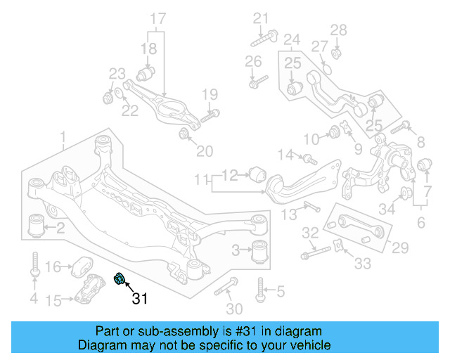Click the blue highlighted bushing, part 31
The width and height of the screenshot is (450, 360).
[119, 280]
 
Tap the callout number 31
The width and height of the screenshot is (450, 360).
[141, 299]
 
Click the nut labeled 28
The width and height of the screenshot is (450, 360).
[336, 51]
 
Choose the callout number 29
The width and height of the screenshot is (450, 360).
[399, 247]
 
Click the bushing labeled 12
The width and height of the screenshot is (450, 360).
[258, 173]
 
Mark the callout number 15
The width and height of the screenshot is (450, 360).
[53, 302]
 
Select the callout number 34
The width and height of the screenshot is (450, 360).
[387, 208]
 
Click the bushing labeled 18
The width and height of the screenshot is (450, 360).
[148, 73]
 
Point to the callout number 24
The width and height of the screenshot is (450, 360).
[292, 39]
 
